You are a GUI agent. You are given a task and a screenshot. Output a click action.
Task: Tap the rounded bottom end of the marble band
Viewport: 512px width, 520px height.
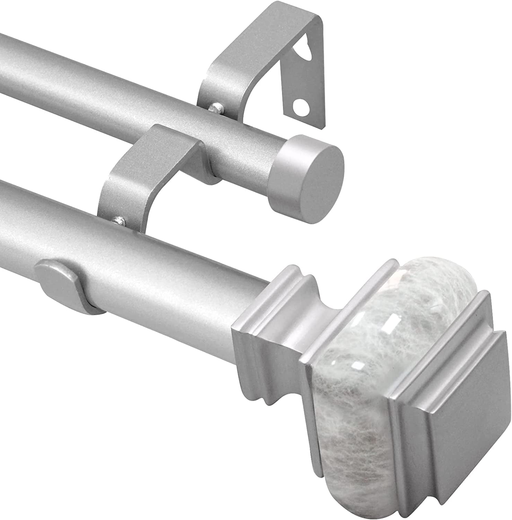click(x=343, y=461)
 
